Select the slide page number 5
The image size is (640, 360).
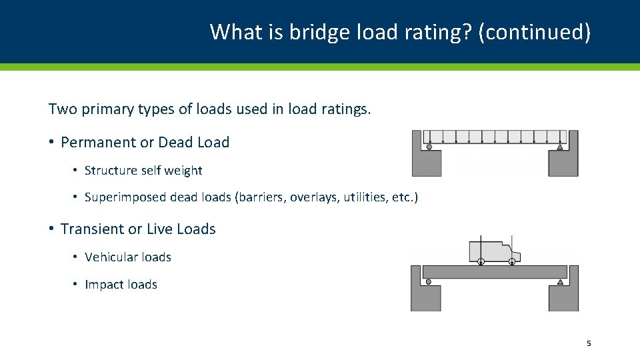[x=589, y=343]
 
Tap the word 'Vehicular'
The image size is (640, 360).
[x=111, y=257]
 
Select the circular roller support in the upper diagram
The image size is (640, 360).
[x=429, y=147]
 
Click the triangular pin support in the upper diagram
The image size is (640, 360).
[x=560, y=147]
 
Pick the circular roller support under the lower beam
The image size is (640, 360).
[x=429, y=282]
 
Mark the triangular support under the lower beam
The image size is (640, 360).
[x=560, y=282]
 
